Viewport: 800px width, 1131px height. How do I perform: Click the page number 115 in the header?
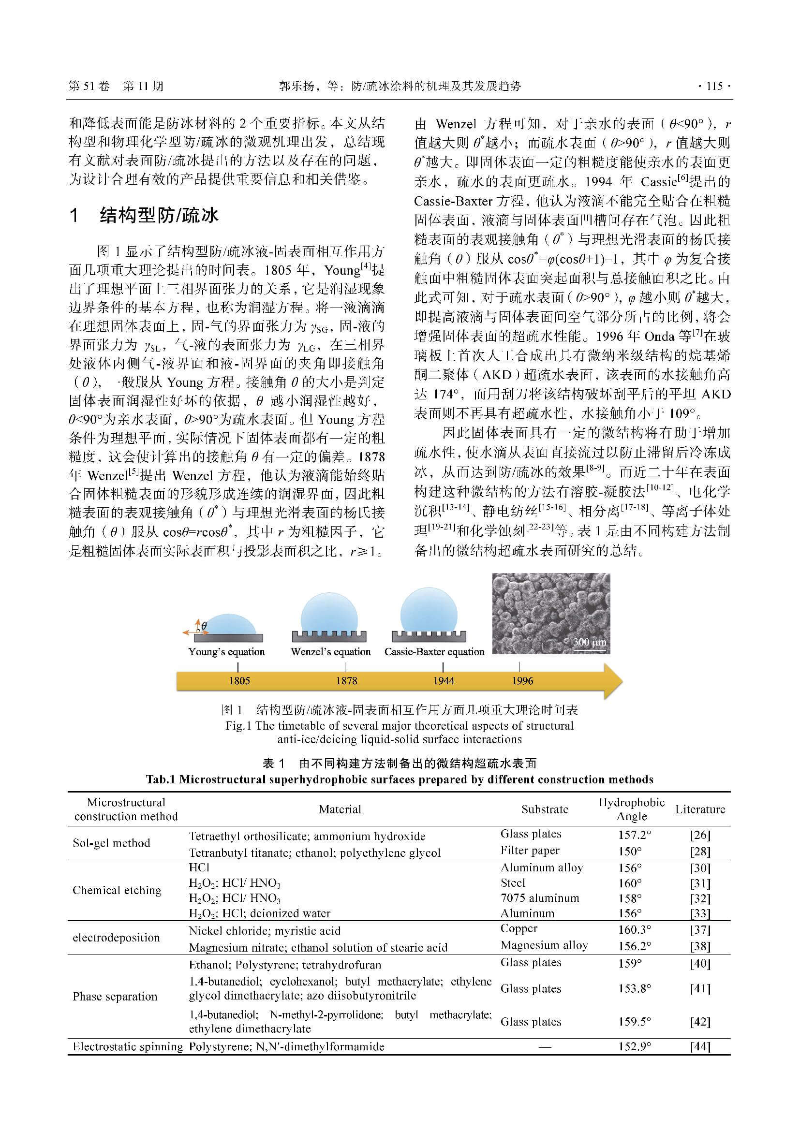714,87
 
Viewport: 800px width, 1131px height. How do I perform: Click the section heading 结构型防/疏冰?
159,215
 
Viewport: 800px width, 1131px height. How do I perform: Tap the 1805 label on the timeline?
239,681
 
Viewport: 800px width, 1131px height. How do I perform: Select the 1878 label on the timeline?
346,681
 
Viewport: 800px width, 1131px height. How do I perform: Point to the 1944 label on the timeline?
444,681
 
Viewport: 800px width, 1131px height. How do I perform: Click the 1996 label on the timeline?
522,681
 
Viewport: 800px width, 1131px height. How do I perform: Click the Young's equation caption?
226,652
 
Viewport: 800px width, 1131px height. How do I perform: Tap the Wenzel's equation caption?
330,652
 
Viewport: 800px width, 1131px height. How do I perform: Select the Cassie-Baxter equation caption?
434,652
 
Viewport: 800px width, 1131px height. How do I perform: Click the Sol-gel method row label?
111,843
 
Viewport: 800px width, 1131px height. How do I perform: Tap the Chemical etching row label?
117,890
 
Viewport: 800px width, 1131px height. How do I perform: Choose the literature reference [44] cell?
700,1047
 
